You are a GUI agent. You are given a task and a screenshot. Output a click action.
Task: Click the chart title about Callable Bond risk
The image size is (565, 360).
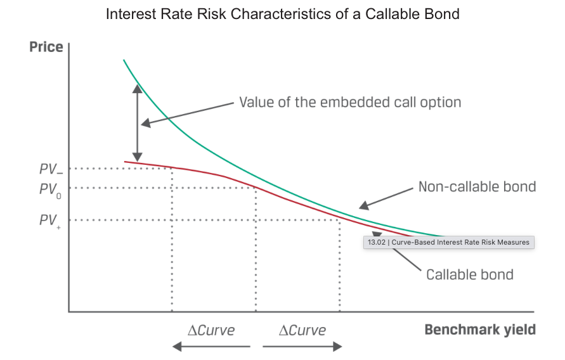[x=282, y=14]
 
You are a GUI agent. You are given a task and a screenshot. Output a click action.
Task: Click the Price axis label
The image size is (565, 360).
[x=46, y=48]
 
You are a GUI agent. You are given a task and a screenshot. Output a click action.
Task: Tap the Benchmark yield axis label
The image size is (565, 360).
[x=479, y=330]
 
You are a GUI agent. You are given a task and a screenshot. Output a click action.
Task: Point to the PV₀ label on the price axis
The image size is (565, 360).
[x=50, y=189]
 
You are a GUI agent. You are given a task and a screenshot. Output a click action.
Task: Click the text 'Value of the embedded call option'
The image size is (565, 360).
[x=349, y=102]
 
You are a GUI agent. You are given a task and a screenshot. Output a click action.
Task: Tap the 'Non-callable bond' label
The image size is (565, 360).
[x=477, y=186]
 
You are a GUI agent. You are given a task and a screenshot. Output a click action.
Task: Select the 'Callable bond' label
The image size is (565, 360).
[x=469, y=274]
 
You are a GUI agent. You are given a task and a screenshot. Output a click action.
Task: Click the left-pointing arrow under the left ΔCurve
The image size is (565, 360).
[x=211, y=346]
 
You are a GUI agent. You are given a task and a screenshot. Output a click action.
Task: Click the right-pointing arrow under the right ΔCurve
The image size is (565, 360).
[x=302, y=346]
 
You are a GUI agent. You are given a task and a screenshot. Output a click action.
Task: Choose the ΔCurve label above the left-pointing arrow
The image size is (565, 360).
[x=211, y=330]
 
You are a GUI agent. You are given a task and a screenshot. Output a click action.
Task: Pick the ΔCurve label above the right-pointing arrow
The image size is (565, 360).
[x=302, y=330]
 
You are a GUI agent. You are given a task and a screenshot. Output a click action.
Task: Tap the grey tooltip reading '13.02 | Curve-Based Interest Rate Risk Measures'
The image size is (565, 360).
[x=448, y=242]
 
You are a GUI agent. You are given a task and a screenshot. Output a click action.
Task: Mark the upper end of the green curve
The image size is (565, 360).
[x=124, y=61]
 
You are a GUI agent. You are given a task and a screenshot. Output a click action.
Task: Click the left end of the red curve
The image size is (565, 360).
[x=126, y=162]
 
